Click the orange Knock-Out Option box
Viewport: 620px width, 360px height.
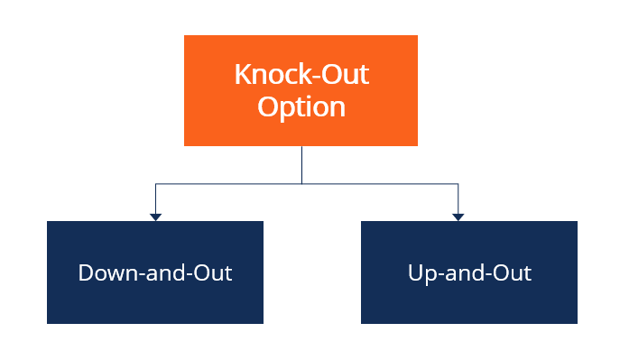[301, 90]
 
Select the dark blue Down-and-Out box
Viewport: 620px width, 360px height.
[155, 272]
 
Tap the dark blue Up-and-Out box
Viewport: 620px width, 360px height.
[469, 272]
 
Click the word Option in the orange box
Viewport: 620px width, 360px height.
[301, 107]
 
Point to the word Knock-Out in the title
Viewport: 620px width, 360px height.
[301, 74]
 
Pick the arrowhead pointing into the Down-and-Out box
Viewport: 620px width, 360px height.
[155, 217]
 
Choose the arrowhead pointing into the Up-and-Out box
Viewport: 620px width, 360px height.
[458, 217]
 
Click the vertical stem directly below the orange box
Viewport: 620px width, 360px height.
[301, 164]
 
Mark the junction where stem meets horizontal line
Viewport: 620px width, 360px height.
[301, 184]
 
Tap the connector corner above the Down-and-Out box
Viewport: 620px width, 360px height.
[155, 184]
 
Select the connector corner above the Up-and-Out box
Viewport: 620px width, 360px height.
[458, 184]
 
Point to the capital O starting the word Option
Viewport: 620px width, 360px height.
[267, 106]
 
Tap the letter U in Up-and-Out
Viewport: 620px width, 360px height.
[415, 272]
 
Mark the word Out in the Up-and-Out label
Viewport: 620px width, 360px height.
[514, 272]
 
